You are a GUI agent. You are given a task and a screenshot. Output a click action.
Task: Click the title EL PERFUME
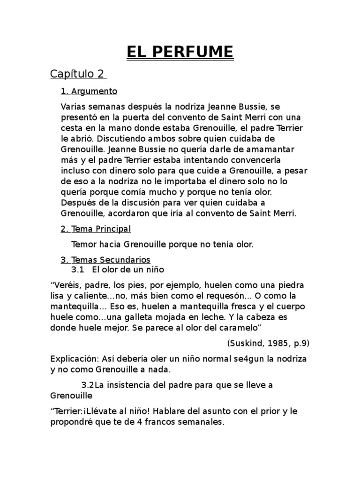(180, 51)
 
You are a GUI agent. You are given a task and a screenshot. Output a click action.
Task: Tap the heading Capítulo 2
(78, 74)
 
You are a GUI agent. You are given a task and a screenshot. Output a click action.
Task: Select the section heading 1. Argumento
(89, 91)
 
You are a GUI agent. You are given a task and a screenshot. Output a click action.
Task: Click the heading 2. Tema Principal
(96, 229)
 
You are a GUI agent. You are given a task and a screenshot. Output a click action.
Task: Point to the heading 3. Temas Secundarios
(105, 259)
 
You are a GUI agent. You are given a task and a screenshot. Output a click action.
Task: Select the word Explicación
(73, 359)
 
